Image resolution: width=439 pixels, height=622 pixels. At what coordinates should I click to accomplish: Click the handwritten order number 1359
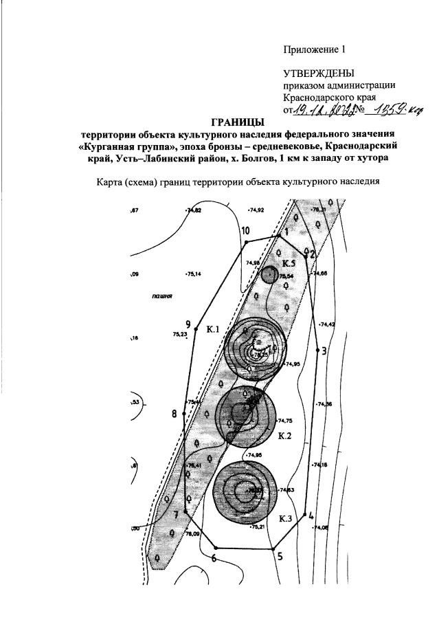[x=387, y=110]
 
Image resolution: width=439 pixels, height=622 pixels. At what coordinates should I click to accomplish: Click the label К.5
[x=289, y=263]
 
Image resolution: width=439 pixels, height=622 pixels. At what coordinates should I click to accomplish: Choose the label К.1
[x=212, y=331]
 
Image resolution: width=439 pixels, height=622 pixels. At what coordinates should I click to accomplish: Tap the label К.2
[x=285, y=435]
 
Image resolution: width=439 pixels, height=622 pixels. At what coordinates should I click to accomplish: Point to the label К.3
[x=286, y=518]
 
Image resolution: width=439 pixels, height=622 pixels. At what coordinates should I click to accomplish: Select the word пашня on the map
[x=161, y=297]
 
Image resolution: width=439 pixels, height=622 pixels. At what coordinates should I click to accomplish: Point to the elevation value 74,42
[x=327, y=324]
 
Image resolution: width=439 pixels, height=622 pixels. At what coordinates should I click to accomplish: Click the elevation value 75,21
[x=258, y=526]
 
